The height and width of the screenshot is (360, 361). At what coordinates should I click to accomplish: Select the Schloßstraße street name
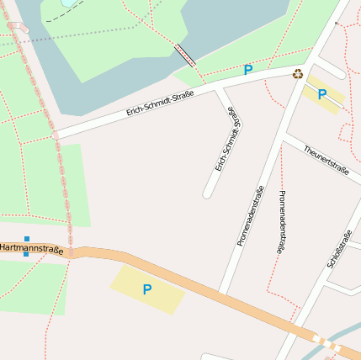point(338,249)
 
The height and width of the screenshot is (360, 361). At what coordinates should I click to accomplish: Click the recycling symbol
point(298,74)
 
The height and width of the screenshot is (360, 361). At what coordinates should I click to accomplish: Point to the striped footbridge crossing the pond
point(185,56)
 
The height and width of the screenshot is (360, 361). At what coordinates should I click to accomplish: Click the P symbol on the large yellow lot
point(147,289)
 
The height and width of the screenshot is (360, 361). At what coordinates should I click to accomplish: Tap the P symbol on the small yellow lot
point(321,94)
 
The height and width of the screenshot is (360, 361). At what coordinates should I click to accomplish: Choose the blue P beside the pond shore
point(247,70)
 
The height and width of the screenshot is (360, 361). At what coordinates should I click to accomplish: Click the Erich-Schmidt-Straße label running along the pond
point(160,103)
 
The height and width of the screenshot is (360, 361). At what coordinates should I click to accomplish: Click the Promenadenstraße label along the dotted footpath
point(281,221)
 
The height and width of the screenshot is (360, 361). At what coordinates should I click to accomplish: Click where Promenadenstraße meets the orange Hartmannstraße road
point(222,294)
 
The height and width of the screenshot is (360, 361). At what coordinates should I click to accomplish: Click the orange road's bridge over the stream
point(326,342)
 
